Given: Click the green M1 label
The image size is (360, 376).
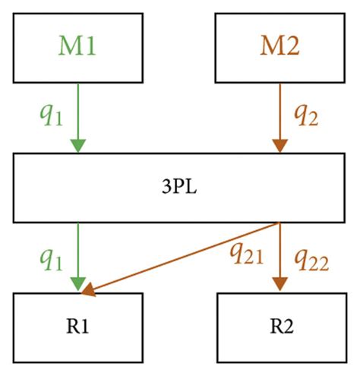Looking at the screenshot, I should (x=78, y=48).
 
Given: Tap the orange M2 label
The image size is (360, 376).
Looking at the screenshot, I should (x=280, y=48).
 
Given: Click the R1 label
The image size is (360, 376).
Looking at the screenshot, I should (x=78, y=331).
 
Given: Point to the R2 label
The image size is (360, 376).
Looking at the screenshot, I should (x=280, y=331).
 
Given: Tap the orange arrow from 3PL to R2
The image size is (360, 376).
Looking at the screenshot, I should (x=280, y=251).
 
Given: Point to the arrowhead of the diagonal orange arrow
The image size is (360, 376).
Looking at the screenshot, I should (x=89, y=289).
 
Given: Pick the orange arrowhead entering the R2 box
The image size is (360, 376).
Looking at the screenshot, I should (x=280, y=283).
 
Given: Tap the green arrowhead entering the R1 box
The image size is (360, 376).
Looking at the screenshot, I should (x=78, y=283).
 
